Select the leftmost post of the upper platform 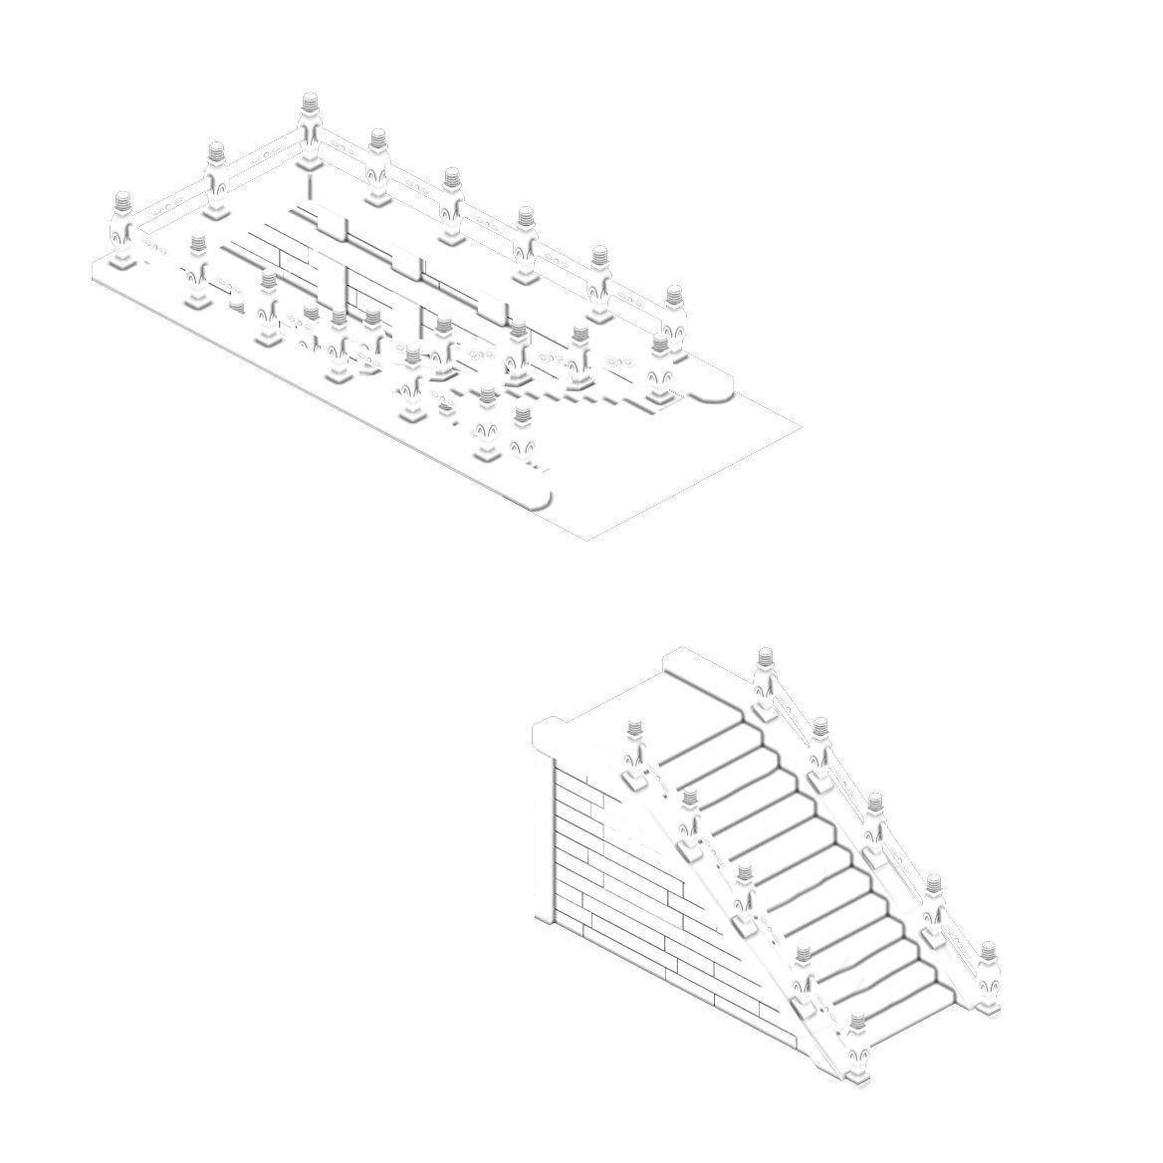point(122,229)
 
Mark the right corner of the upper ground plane point(802,428)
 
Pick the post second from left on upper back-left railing point(216,179)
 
